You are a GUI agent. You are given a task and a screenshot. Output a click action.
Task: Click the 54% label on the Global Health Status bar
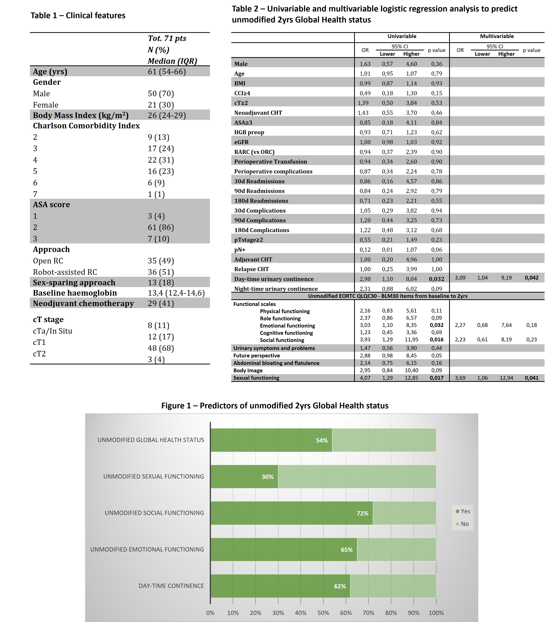[322, 440]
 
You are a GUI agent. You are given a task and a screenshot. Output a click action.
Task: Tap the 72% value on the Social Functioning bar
[362, 513]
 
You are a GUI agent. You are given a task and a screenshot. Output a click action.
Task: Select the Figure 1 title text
[275, 406]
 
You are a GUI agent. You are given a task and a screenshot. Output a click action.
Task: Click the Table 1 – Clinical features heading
[78, 16]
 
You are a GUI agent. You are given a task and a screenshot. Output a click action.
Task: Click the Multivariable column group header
[497, 36]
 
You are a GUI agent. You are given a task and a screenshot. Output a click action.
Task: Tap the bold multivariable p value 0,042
[531, 278]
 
